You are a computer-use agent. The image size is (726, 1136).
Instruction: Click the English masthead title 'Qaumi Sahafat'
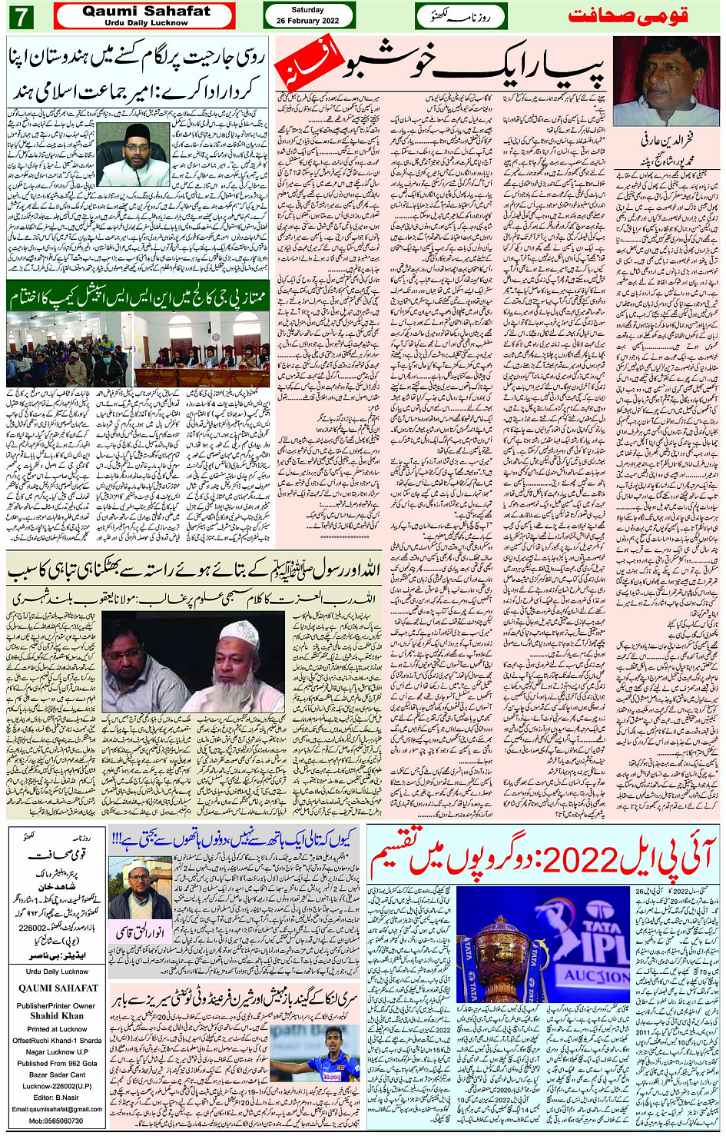pyautogui.click(x=146, y=11)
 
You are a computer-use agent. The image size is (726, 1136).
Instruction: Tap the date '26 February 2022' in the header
pyautogui.click(x=308, y=21)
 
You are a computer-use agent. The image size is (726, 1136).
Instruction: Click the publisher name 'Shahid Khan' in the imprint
pyautogui.click(x=57, y=1015)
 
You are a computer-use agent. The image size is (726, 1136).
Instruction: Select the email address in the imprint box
pyautogui.click(x=57, y=1108)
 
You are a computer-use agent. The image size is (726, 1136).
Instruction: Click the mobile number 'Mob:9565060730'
pyautogui.click(x=57, y=1121)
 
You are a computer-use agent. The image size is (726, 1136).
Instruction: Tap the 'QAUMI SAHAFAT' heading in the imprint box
pyautogui.click(x=58, y=988)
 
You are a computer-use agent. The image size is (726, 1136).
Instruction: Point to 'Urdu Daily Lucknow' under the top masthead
pyautogui.click(x=146, y=23)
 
